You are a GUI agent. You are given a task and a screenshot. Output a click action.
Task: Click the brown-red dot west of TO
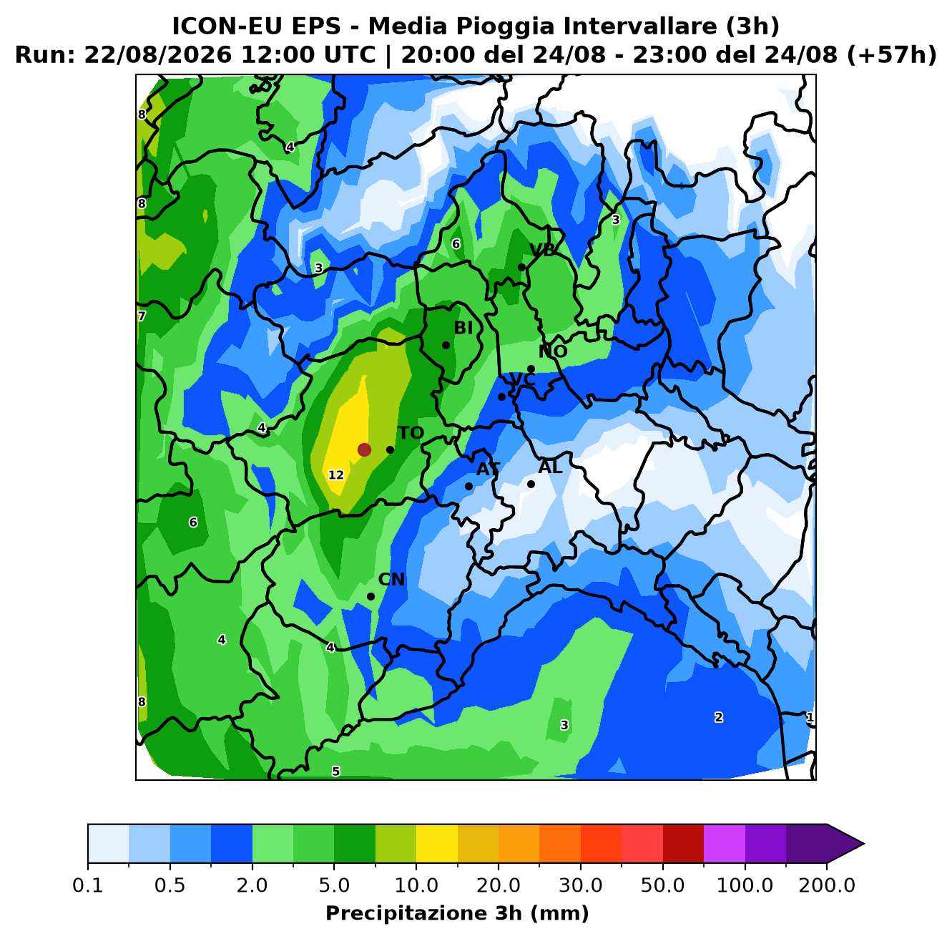pos(364,449)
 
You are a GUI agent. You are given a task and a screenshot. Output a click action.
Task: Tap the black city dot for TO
pos(390,449)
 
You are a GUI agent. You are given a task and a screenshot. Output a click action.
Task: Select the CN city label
pos(391,579)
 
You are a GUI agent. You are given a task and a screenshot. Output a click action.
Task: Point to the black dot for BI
pos(446,345)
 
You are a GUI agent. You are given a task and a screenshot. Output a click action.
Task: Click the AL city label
pos(550,467)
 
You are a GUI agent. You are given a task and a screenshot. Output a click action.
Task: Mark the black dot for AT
pos(468,486)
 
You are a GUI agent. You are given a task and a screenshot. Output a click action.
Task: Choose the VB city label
pos(542,250)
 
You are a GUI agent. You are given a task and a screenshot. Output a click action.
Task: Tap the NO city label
pos(553,351)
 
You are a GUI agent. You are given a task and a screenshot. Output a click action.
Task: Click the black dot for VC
pos(501,396)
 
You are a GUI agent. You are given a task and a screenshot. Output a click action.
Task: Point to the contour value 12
pos(336,475)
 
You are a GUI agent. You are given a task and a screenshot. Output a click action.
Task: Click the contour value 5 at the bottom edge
pos(336,771)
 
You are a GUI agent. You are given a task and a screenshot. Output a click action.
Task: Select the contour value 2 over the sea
pos(719,717)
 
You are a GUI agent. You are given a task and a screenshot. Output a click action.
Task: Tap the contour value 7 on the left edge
pos(142,316)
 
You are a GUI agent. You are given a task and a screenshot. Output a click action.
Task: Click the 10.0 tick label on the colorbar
pos(416,885)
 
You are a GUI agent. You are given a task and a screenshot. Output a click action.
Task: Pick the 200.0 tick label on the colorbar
pos(827,885)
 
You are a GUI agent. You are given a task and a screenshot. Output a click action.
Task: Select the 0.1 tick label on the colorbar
pos(88,885)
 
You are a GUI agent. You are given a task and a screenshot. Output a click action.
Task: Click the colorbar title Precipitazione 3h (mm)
pos(458,913)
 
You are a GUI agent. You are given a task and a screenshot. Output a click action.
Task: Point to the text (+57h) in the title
pos(892,54)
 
